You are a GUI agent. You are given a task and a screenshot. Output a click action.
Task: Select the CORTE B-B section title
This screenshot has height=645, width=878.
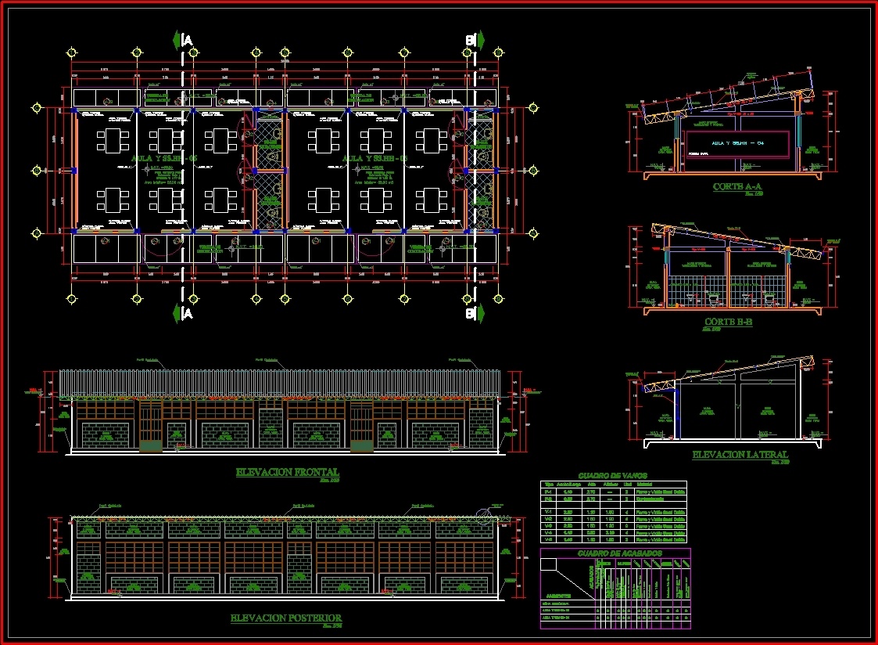tap(728, 322)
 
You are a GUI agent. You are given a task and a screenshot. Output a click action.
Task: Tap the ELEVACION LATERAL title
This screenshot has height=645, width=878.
tap(740, 455)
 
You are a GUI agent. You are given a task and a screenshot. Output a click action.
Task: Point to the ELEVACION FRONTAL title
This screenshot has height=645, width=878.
tap(287, 472)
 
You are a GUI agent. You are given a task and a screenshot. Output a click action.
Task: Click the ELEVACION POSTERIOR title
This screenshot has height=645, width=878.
tap(285, 618)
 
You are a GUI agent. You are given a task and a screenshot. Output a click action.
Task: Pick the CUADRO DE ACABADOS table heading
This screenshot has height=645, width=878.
tap(620, 553)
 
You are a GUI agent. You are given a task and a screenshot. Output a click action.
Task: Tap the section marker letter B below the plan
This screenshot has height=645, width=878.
tap(470, 314)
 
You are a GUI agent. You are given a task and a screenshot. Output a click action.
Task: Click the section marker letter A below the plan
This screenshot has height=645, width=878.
tap(188, 314)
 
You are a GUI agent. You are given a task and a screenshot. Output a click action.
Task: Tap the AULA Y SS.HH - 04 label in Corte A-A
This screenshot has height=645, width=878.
tap(737, 143)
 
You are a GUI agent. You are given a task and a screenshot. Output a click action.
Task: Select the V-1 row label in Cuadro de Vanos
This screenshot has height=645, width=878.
tap(548, 510)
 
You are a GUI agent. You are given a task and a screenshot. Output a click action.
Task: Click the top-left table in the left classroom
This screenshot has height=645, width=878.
tap(112, 141)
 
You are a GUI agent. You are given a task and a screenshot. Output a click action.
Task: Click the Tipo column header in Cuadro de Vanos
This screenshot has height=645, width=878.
tap(548, 485)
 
